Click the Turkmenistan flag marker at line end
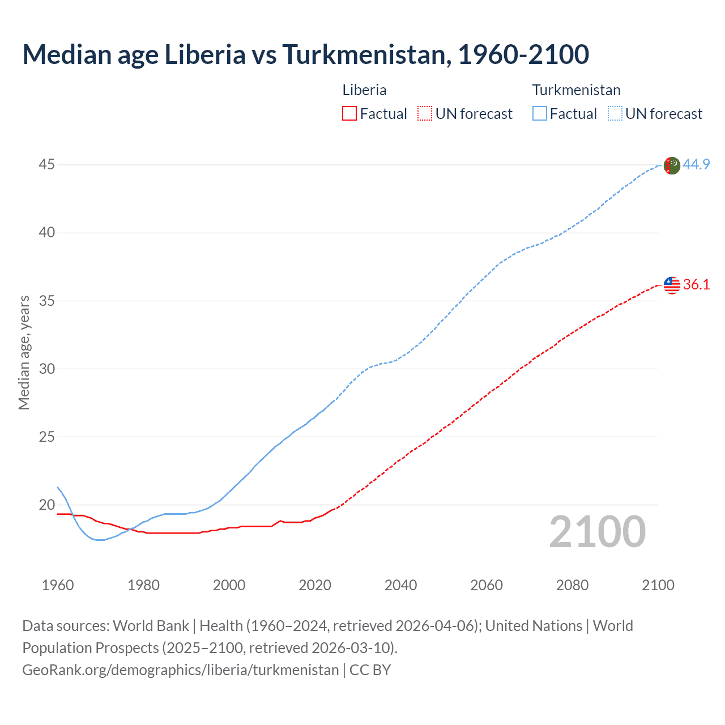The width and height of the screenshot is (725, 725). [671, 165]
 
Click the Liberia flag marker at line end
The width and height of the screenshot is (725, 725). [671, 285]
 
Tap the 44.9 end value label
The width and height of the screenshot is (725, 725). [696, 164]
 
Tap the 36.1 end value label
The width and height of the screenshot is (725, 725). [696, 284]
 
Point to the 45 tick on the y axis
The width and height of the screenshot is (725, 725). [47, 165]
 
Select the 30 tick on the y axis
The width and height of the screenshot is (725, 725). [47, 369]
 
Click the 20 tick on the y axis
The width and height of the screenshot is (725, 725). [47, 505]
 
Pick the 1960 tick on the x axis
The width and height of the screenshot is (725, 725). [58, 585]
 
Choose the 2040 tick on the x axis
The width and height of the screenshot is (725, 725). [400, 585]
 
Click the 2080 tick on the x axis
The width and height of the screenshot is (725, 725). [572, 585]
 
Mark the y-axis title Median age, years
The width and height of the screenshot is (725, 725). [24, 352]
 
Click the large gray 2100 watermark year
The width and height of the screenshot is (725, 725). [597, 532]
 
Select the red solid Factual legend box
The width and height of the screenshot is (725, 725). [349, 114]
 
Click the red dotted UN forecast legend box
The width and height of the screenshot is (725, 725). [425, 114]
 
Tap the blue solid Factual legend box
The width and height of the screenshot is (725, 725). [539, 114]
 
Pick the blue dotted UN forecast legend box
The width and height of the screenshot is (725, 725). [615, 114]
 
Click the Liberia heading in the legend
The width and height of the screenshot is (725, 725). [364, 90]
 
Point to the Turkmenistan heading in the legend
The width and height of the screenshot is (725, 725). [576, 90]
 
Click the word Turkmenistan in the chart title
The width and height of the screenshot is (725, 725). [366, 54]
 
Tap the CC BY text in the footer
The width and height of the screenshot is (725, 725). [370, 670]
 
